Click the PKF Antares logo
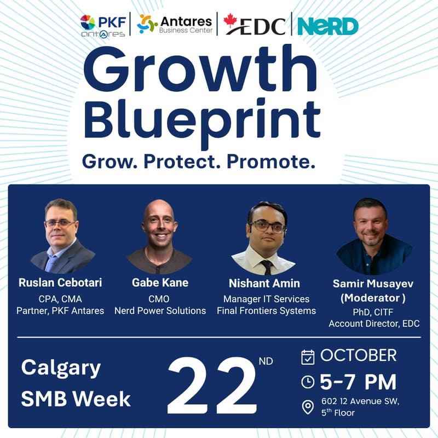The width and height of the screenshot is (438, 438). tap(102, 25)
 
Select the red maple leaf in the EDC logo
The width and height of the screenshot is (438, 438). tap(231, 21)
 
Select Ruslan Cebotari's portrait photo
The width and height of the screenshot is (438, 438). tap(61, 236)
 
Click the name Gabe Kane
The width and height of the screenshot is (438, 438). tap(160, 283)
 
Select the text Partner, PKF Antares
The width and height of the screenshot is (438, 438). tap(60, 311)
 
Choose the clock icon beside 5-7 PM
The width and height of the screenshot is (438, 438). tap(308, 382)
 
